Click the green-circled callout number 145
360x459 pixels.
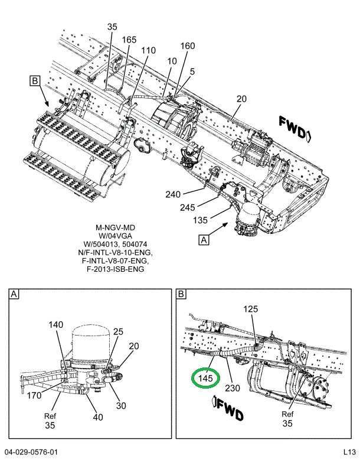205,378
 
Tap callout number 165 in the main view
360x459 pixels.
129,40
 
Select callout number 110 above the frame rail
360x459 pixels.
148,50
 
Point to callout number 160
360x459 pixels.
188,45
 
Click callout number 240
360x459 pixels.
173,194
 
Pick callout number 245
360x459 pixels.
187,207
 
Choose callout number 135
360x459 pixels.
200,220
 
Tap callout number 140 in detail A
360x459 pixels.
55,324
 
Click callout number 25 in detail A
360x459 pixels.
119,331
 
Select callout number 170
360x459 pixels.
34,395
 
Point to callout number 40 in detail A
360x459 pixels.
98,417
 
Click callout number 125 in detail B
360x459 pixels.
251,309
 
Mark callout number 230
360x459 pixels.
233,388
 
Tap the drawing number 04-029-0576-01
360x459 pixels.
31,452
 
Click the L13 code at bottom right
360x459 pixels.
349,452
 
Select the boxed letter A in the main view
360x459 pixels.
204,240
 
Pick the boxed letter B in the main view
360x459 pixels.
35,80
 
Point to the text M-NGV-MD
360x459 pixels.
115,227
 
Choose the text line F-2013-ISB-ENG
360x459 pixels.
115,269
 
